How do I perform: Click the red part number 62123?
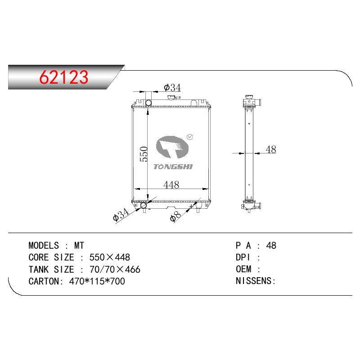64,77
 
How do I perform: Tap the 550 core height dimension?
144,154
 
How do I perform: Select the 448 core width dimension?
171,185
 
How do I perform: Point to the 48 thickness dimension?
271,149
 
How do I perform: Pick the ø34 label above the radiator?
172,87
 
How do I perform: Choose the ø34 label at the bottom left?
121,215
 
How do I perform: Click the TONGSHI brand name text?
173,166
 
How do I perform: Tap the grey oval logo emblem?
172,147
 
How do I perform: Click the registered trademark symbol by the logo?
190,137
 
